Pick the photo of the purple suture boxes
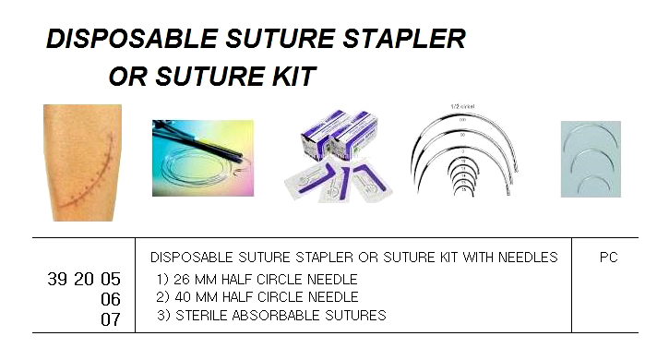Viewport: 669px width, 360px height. pos(339,157)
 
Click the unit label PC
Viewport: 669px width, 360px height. pos(608,258)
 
